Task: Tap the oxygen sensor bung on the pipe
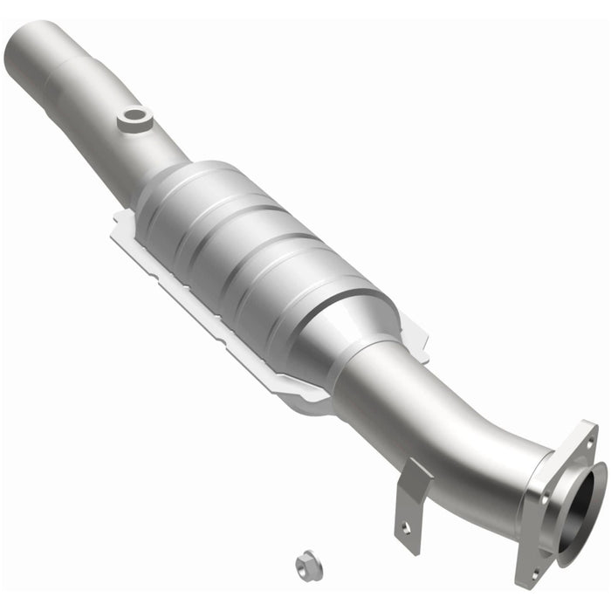[x=134, y=115]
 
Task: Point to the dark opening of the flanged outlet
[x=582, y=508]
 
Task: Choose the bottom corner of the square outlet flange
[x=524, y=580]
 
